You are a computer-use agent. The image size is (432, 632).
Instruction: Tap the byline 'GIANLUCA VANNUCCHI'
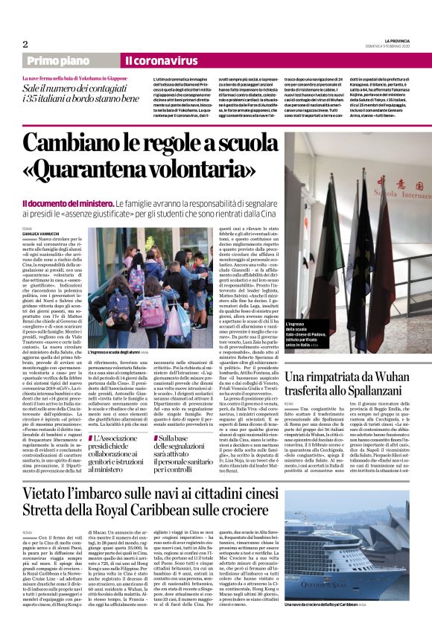coord(42,234)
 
